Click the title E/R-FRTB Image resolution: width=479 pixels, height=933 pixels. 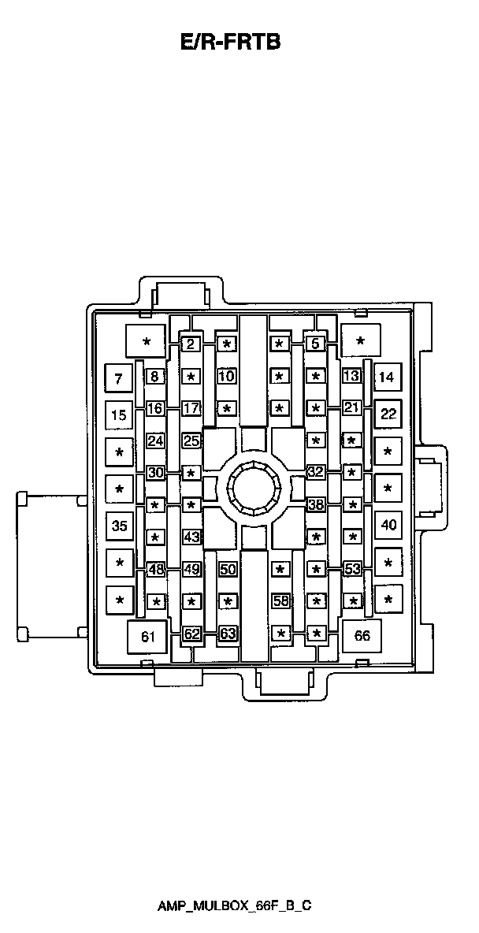click(x=231, y=42)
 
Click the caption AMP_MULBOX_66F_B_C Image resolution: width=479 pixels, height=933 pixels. click(x=234, y=905)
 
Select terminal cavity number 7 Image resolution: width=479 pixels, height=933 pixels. click(x=119, y=378)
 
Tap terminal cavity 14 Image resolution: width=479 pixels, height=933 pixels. click(x=387, y=377)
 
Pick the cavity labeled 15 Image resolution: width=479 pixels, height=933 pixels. click(x=119, y=414)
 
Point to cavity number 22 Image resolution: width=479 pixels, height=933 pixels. click(x=388, y=414)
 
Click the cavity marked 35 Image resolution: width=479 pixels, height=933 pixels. click(x=120, y=526)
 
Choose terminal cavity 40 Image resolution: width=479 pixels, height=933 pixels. click(x=388, y=525)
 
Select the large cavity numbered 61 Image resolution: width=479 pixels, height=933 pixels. click(x=147, y=637)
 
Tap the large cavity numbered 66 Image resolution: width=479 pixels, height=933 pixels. click(x=362, y=635)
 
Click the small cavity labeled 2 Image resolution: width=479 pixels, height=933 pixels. click(x=191, y=344)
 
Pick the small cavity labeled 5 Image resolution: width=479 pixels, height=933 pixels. click(x=316, y=344)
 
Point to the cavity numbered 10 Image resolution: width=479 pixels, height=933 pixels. click(x=226, y=376)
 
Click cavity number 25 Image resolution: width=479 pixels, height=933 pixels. click(x=191, y=441)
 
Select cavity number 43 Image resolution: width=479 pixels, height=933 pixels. click(x=191, y=537)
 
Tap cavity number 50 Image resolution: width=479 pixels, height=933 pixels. click(x=228, y=570)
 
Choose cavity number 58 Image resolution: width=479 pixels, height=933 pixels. click(x=280, y=601)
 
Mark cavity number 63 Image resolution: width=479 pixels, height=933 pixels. click(x=228, y=634)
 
